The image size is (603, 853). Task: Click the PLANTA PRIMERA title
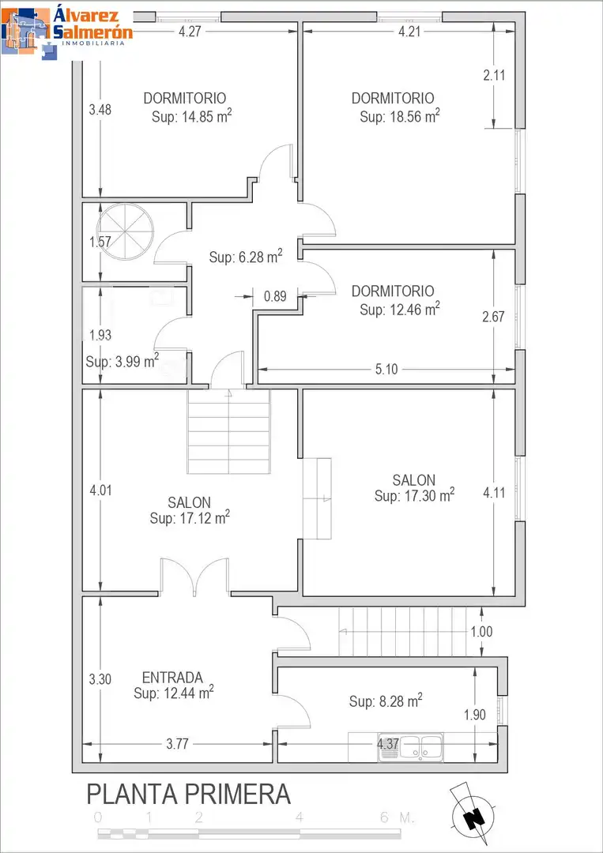click(188, 795)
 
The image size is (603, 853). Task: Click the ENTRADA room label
click(172, 678)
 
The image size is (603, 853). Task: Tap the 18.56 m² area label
click(400, 116)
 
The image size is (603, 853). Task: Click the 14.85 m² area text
click(192, 116)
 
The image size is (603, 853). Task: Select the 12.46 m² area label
click(400, 309)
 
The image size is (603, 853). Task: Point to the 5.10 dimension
click(386, 370)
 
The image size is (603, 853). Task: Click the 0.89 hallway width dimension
click(275, 296)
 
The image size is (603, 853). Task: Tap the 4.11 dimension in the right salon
click(494, 493)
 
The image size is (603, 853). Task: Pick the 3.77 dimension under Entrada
click(177, 744)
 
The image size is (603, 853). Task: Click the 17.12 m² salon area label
click(190, 518)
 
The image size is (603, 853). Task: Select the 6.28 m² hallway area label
click(246, 257)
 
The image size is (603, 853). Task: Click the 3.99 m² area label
click(122, 361)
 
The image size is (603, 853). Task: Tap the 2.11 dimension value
click(494, 75)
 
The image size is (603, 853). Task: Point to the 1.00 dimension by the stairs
click(481, 632)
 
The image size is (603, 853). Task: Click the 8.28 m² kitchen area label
click(386, 701)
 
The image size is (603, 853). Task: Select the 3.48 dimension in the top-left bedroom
click(100, 110)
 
